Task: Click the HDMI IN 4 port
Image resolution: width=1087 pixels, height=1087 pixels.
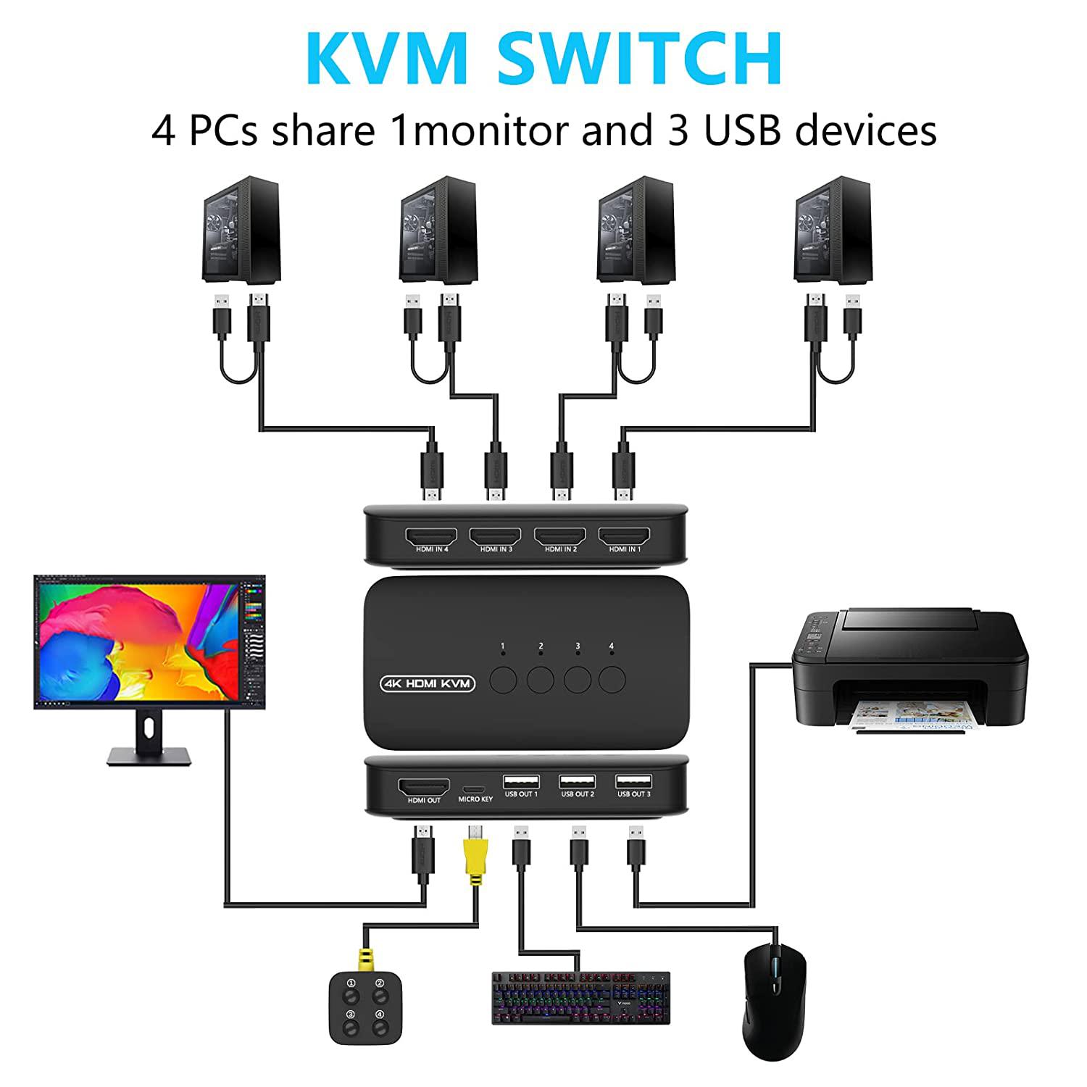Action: click(x=432, y=536)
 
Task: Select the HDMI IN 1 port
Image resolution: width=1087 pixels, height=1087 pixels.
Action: click(x=625, y=536)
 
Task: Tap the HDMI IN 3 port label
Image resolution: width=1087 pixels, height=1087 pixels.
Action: click(x=496, y=549)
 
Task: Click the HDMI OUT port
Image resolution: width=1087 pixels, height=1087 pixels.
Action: click(x=424, y=787)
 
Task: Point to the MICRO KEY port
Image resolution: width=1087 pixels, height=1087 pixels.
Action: click(x=475, y=788)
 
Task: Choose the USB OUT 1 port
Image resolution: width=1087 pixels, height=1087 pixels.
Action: click(x=521, y=782)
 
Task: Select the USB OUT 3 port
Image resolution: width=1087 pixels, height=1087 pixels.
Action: click(x=634, y=782)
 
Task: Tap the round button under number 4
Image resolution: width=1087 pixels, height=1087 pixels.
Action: click(x=612, y=679)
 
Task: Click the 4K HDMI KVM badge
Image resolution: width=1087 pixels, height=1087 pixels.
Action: click(x=427, y=683)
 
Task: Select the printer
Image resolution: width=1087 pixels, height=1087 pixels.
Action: click(x=910, y=670)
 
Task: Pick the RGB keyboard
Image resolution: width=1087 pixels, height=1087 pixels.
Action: click(x=581, y=998)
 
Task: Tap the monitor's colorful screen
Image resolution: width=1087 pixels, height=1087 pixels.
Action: click(x=149, y=641)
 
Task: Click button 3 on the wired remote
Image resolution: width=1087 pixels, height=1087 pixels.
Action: click(x=351, y=1015)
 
